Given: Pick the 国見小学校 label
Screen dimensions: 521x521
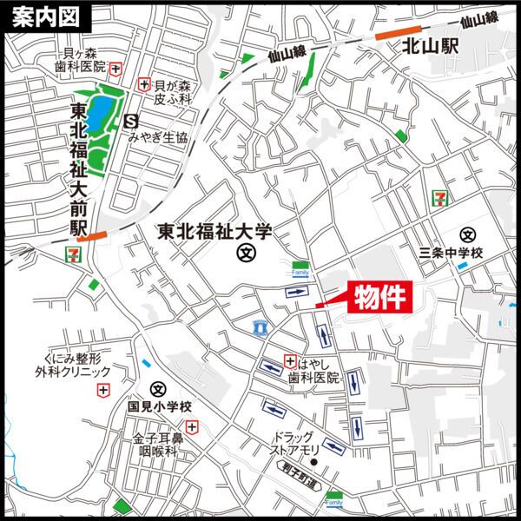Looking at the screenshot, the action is coord(159,406).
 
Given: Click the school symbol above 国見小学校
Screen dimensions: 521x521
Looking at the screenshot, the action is coord(157,388).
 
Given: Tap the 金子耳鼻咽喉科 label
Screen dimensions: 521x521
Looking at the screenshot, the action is coord(156,445).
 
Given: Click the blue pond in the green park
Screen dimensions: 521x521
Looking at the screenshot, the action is coord(101,110).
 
